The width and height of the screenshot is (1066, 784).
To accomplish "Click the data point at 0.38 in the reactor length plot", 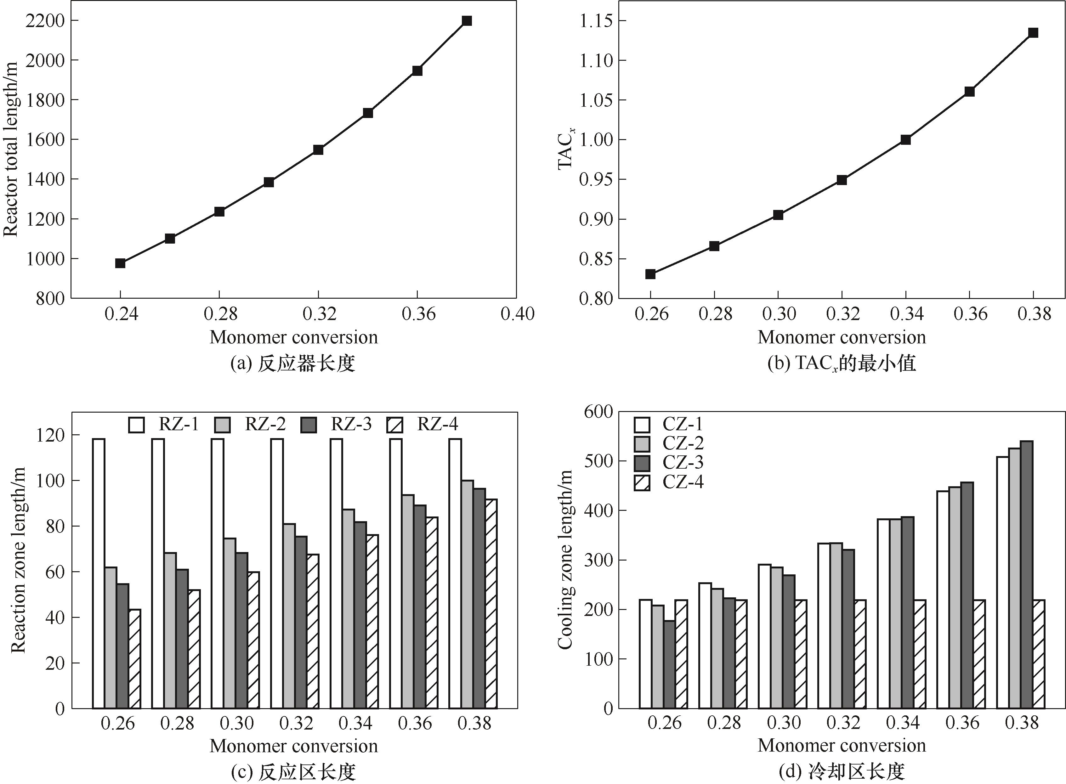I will point(467,21).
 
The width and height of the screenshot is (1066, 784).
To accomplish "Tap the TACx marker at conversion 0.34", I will point(905,139).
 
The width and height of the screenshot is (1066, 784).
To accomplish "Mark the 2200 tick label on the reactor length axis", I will point(45,21).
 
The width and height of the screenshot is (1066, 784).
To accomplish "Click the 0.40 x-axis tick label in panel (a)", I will point(517,314).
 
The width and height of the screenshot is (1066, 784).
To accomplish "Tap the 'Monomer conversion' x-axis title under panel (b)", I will point(842,337).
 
